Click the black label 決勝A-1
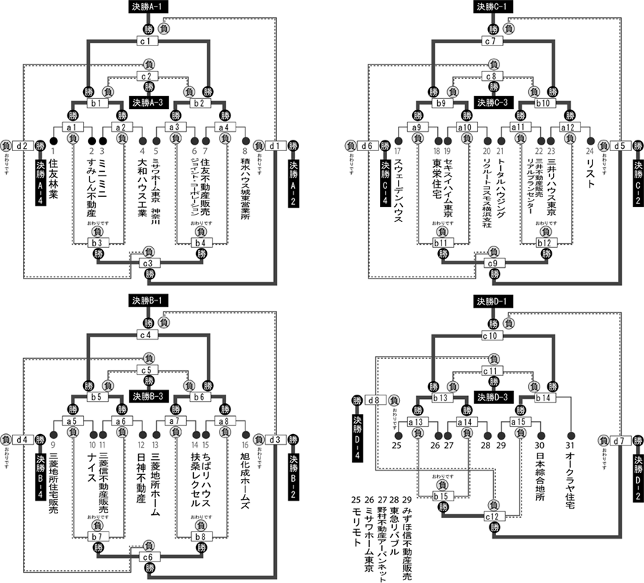(x=149, y=7)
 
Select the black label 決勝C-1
(x=493, y=7)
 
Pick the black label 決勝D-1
(x=493, y=301)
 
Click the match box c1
(x=148, y=42)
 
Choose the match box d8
(x=376, y=399)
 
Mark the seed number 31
(x=570, y=445)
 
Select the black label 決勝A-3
(x=149, y=101)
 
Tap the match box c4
(x=148, y=334)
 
